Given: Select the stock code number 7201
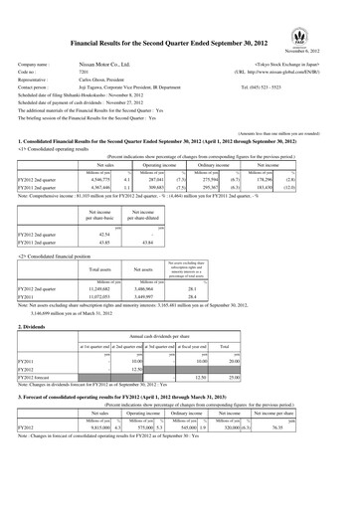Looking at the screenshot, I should pyautogui.click(x=82, y=73).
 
